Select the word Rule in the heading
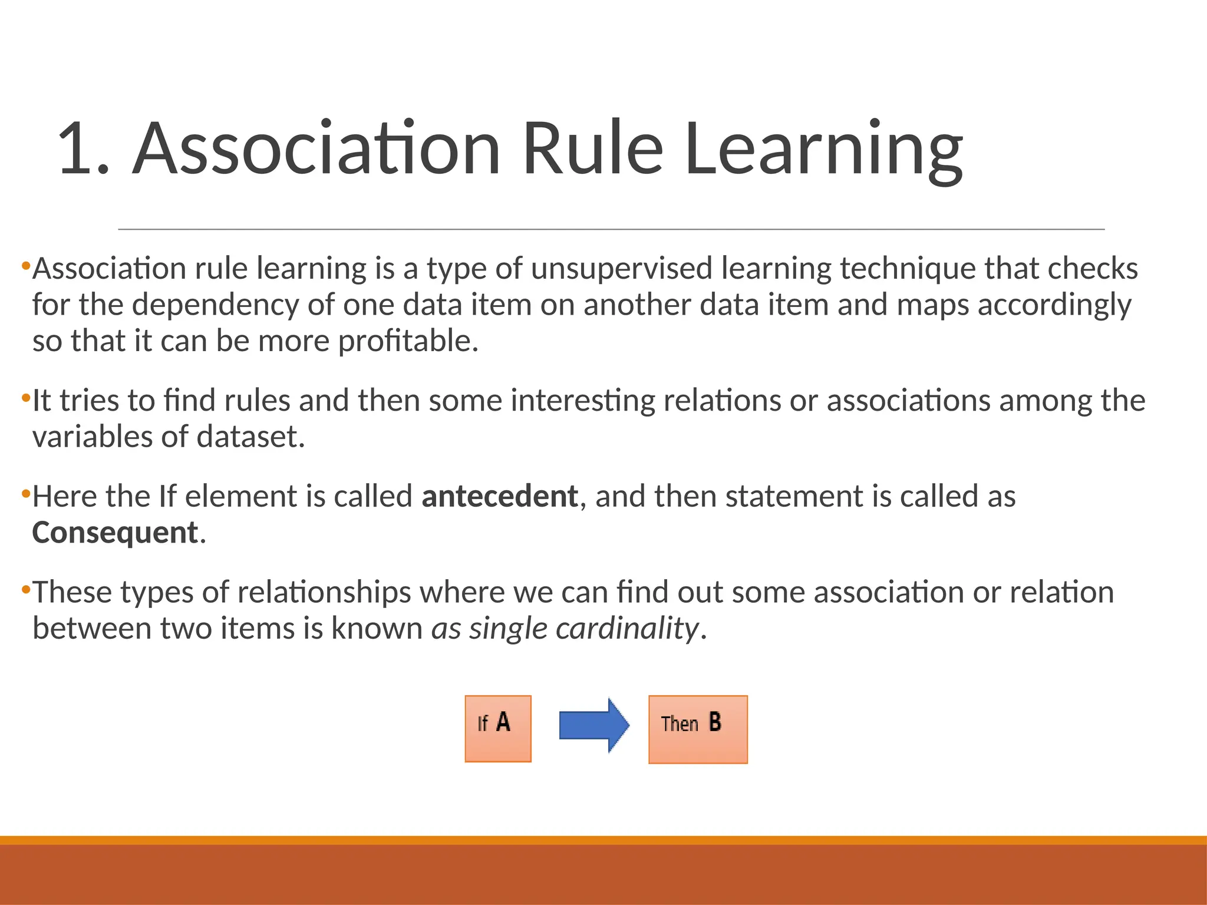coord(593,148)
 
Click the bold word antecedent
coord(499,496)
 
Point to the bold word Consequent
coord(115,533)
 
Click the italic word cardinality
coord(627,628)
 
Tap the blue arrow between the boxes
coord(593,725)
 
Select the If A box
coord(498,729)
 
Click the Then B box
coord(698,729)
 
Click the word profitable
coord(408,341)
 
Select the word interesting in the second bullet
coord(583,401)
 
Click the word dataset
coord(250,437)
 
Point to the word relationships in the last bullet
coord(324,592)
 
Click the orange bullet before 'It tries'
coord(25,398)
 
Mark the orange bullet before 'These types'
coord(25,589)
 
